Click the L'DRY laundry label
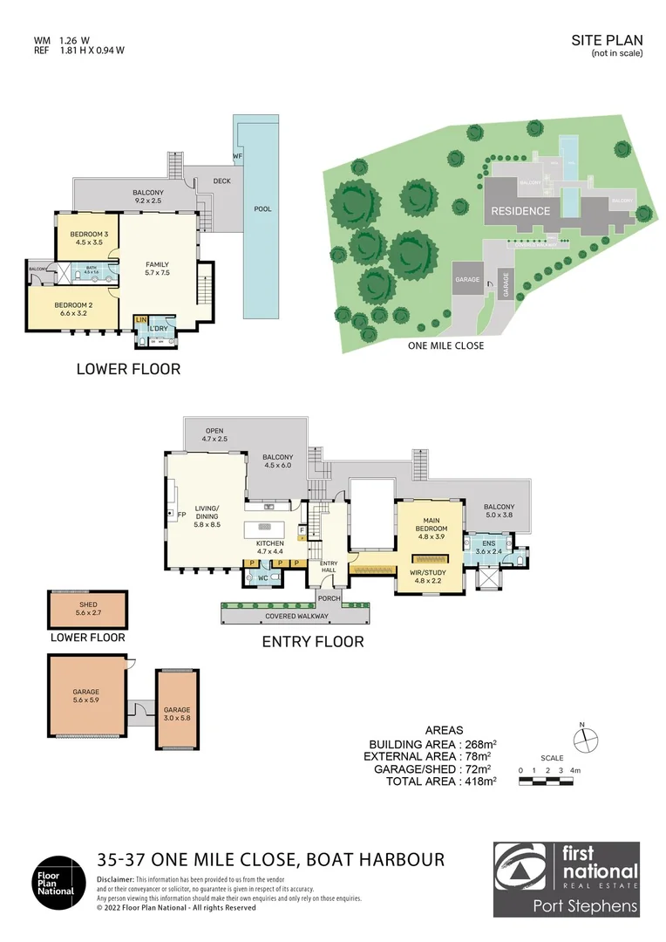point(159,328)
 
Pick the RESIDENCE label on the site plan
point(520,211)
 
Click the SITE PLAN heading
point(607,40)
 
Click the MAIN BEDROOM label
point(431,524)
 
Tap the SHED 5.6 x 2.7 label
point(87,609)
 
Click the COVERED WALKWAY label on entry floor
point(296,616)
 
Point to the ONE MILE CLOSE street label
point(446,345)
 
